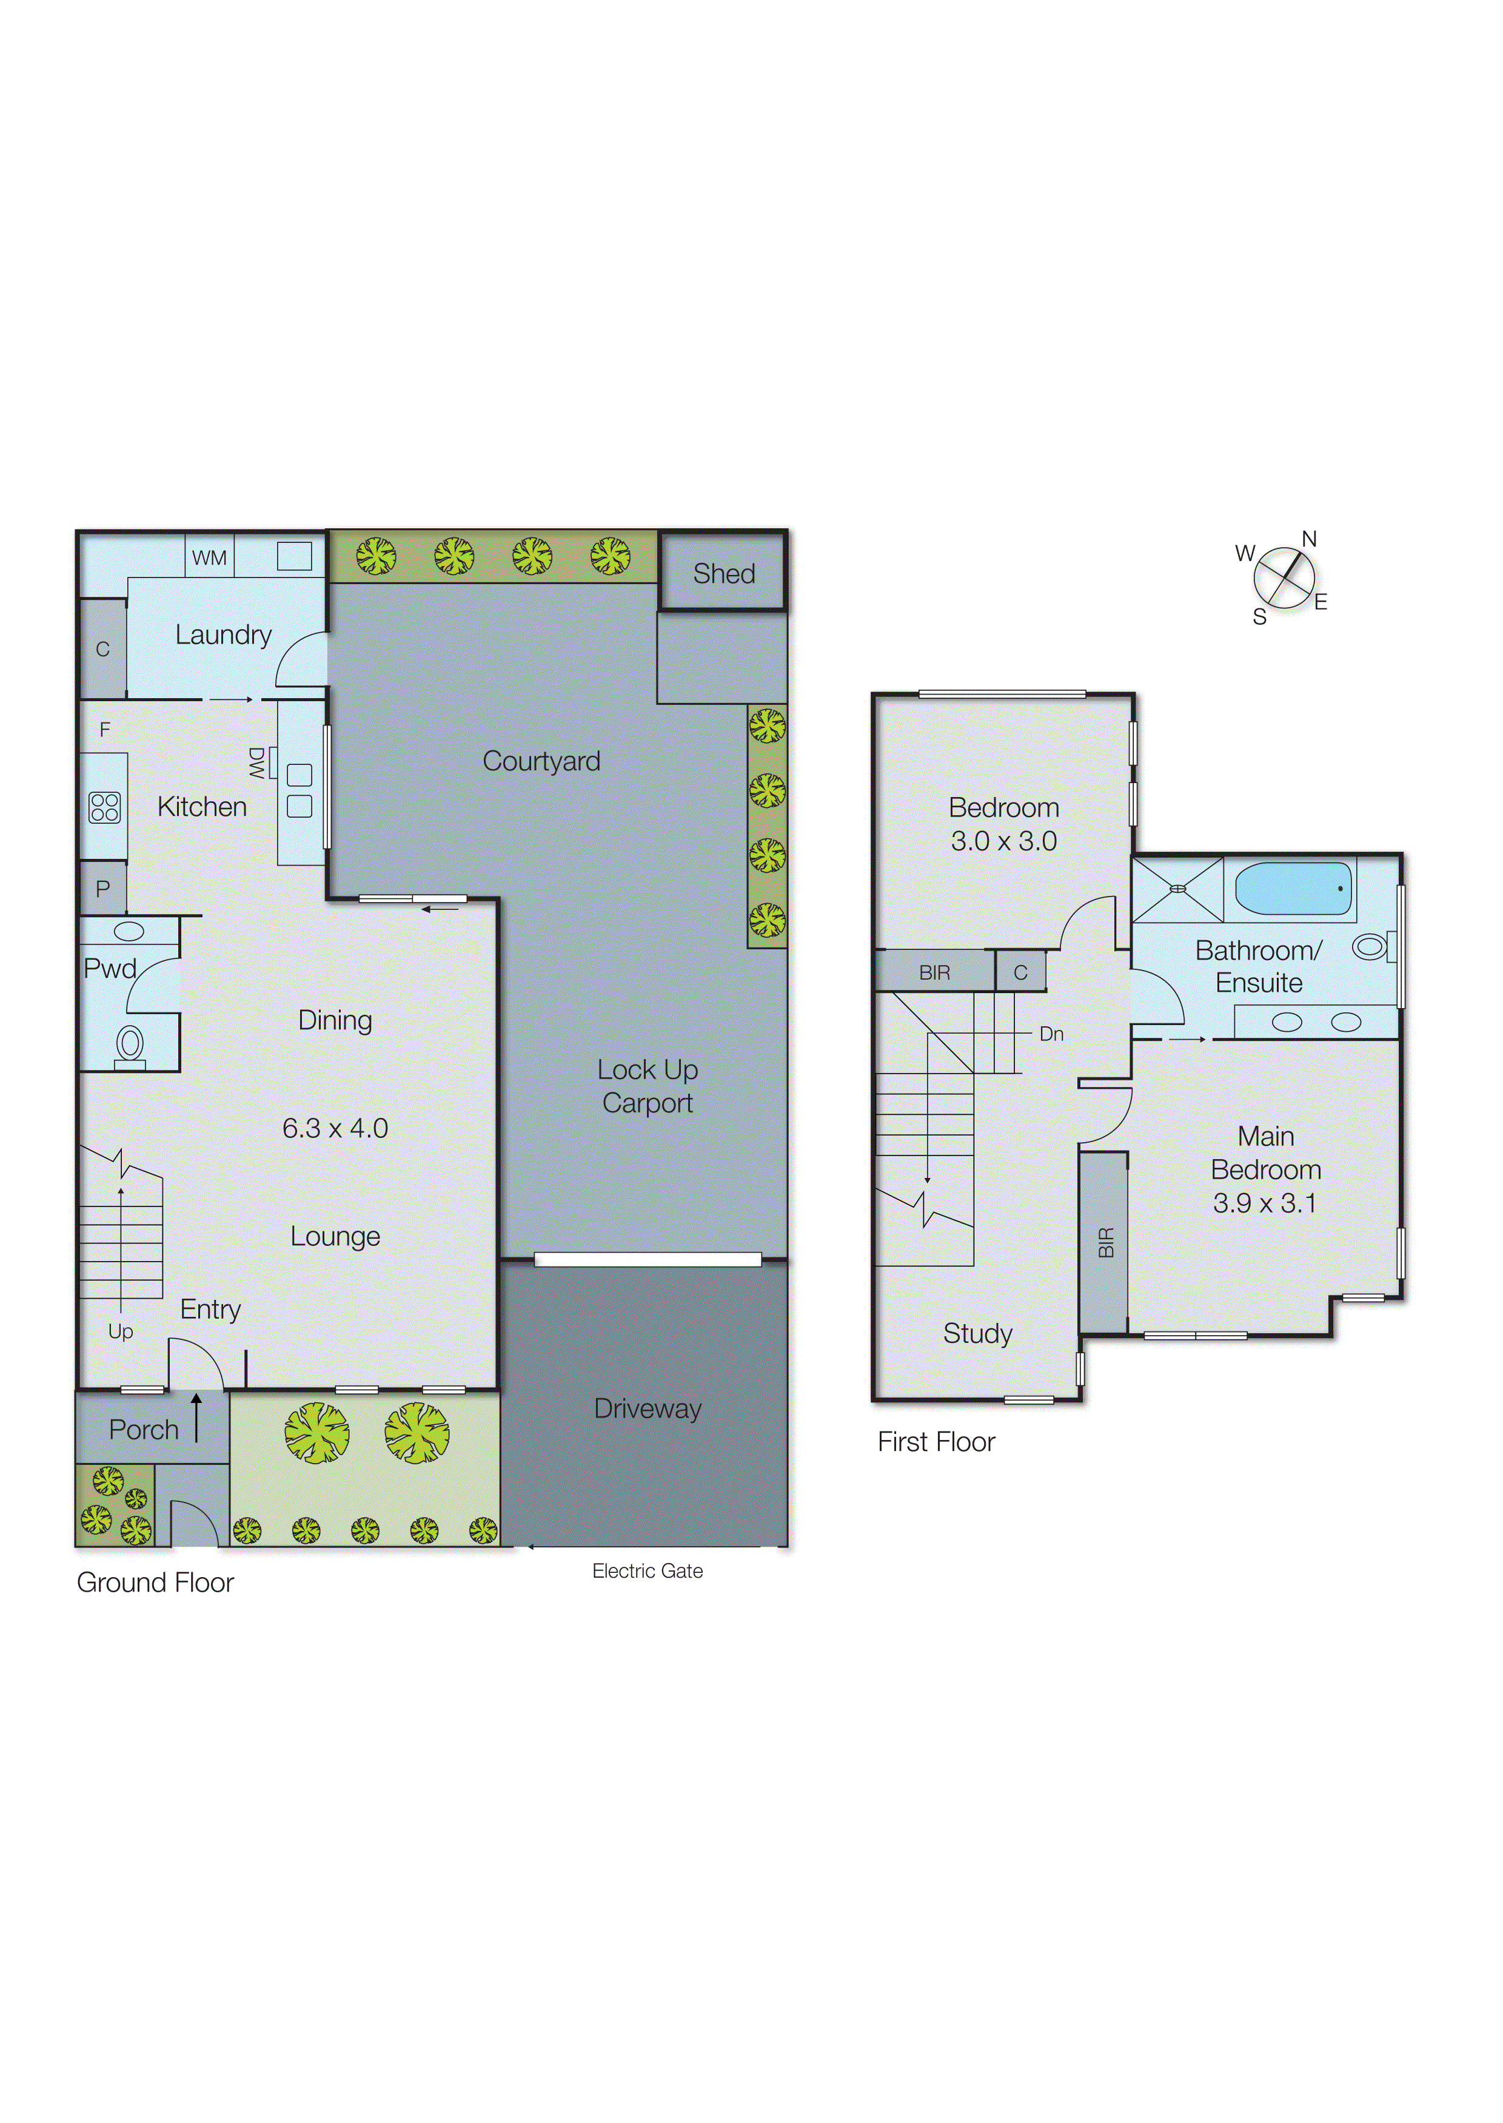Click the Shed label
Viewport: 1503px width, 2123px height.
(724, 574)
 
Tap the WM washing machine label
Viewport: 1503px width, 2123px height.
(209, 558)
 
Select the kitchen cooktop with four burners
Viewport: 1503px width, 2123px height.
(104, 807)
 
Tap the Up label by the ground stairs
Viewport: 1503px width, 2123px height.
(120, 1331)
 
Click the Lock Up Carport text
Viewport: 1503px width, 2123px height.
(647, 1086)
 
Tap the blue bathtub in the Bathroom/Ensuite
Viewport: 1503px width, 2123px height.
(1293, 889)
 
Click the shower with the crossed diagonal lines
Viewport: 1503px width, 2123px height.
(1177, 889)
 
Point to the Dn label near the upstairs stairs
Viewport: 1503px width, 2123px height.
(1051, 1034)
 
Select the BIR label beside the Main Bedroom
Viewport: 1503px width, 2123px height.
(1105, 1242)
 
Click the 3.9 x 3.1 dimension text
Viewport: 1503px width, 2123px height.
(1264, 1203)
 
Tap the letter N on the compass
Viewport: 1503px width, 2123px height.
(1308, 539)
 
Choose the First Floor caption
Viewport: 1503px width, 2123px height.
(936, 1442)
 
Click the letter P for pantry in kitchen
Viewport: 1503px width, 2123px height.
(102, 889)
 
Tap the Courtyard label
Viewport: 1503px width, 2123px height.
(541, 761)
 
